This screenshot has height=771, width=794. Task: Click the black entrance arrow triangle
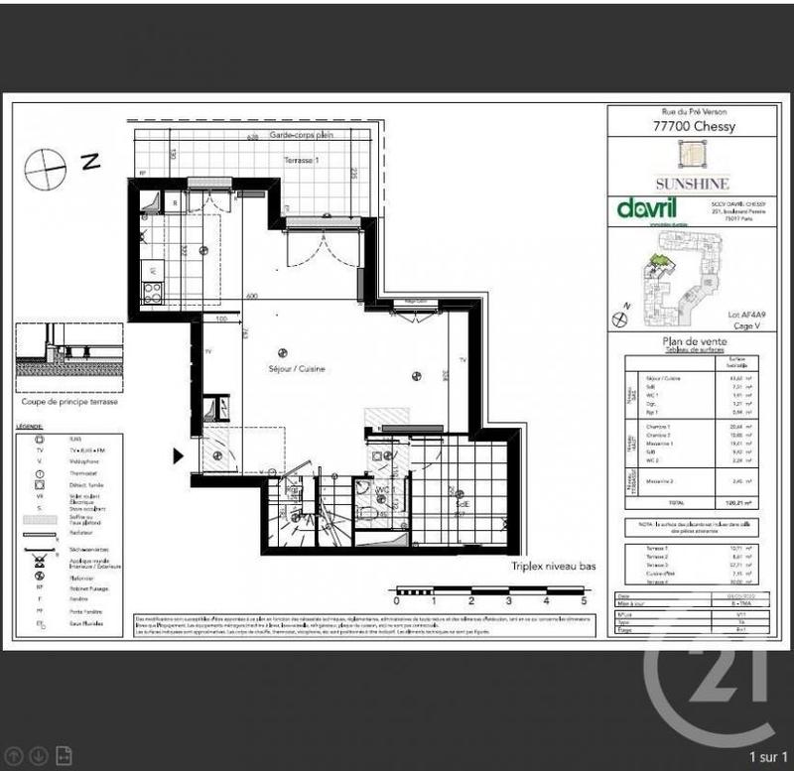pos(179,455)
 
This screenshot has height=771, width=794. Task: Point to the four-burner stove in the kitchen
pos(154,292)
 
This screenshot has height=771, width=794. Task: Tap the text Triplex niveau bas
pos(554,567)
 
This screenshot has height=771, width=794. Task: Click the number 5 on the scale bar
pos(584,601)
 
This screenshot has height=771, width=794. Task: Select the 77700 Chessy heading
pos(694,126)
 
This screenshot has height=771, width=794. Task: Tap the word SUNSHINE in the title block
pos(693,184)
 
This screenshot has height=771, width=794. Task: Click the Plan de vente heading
pos(693,340)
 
